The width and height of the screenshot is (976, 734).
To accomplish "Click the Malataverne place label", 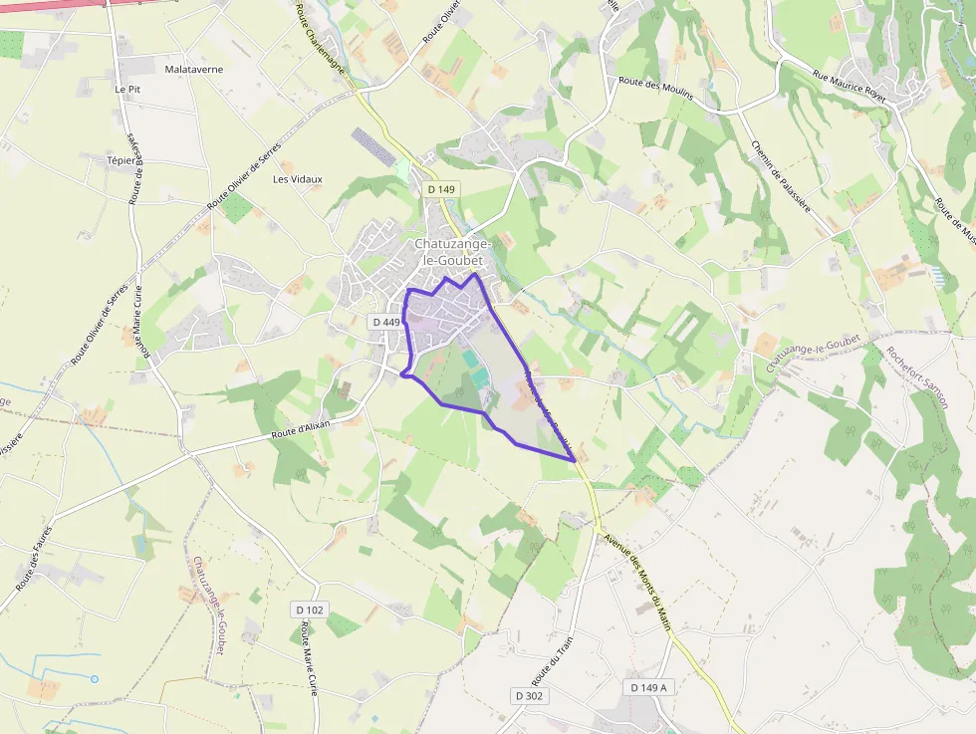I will pyautogui.click(x=194, y=70).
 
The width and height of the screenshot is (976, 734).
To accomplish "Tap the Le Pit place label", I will pyautogui.click(x=127, y=89).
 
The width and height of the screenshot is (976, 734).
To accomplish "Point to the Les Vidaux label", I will pyautogui.click(x=298, y=179).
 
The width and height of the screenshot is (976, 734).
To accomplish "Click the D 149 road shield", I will pyautogui.click(x=440, y=189).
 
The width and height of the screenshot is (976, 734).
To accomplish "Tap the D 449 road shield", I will pyautogui.click(x=385, y=322).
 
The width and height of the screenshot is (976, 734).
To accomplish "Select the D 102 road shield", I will pyautogui.click(x=311, y=609).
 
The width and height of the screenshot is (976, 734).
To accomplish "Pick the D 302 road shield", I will pyautogui.click(x=529, y=695).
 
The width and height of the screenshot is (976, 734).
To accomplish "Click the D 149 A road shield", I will pyautogui.click(x=648, y=687).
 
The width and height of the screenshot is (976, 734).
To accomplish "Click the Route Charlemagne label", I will pyautogui.click(x=318, y=30).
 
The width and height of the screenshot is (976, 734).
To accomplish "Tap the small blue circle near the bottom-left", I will pyautogui.click(x=95, y=679).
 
